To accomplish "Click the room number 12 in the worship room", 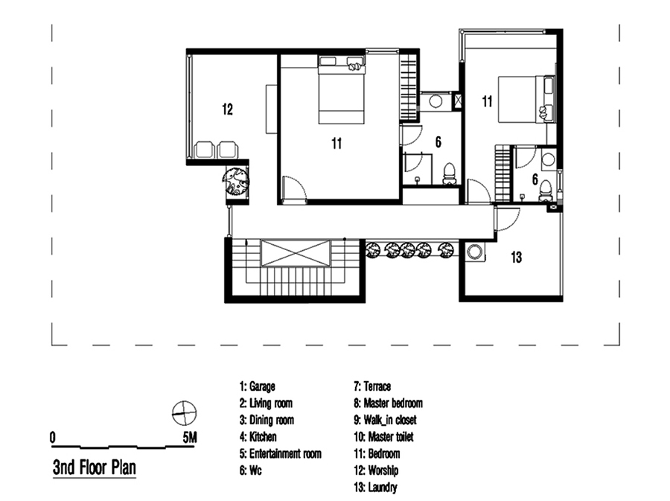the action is point(227,109).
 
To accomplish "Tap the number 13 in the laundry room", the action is point(516,257).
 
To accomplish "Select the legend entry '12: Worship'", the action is point(376,470).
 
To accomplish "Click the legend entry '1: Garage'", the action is point(258,386).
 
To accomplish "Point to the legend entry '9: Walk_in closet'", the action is point(385,420).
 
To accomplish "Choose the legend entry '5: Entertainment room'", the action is point(281,453).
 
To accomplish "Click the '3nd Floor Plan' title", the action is point(95,468).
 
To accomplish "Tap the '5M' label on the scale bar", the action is point(190,438).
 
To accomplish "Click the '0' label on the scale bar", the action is point(53,438).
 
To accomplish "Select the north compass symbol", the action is point(184,413).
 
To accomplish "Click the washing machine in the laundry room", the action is point(475,252).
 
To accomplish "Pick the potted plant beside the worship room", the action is point(235,181).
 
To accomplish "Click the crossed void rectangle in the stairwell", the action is point(296,253).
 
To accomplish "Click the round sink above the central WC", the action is point(435,102).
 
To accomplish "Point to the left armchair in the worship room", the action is point(204,150).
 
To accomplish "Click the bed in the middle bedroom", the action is point(342,90).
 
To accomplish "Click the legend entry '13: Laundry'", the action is point(376,488).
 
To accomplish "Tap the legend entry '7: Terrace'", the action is point(372,386).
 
